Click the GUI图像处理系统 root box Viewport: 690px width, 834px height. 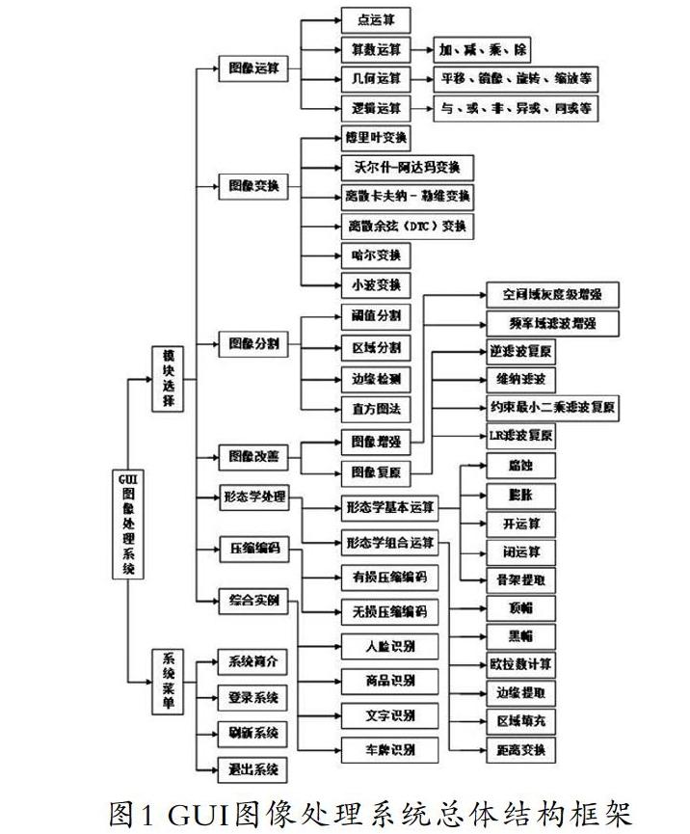[x=127, y=525]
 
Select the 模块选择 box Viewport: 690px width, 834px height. [x=168, y=379]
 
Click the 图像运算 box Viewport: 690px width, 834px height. [x=254, y=69]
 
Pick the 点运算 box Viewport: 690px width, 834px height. [x=376, y=19]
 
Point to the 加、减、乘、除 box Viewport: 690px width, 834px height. [x=481, y=49]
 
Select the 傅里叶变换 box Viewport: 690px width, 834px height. [x=376, y=137]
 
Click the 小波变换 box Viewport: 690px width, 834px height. [x=376, y=285]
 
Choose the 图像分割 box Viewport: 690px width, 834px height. [x=254, y=343]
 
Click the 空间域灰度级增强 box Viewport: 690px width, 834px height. [x=545, y=294]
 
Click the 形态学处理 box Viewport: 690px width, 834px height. [x=254, y=498]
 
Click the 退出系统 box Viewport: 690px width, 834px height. [x=252, y=769]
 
